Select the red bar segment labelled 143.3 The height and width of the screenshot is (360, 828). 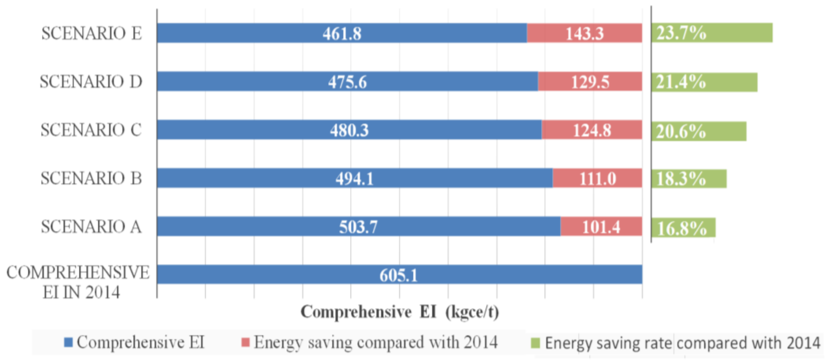pos(584,34)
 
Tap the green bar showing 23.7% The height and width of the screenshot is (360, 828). pos(712,33)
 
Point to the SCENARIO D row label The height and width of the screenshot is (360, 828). pos(91,82)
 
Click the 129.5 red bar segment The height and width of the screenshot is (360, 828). pos(590,82)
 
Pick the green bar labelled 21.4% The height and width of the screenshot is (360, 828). pos(704,82)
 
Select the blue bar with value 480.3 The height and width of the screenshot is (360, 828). pos(349,130)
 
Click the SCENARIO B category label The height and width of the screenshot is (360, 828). pos(91,178)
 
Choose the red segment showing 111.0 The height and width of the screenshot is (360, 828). pos(597,178)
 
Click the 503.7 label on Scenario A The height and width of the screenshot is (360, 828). pos(358,227)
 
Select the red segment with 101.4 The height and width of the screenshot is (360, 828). pos(601,227)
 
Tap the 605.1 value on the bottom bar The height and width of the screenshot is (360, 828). pos(398,275)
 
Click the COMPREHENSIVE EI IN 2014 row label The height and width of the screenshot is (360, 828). pos(78,282)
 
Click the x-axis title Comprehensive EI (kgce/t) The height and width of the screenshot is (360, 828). pos(399,312)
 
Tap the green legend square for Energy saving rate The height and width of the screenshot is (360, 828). pos(535,343)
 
